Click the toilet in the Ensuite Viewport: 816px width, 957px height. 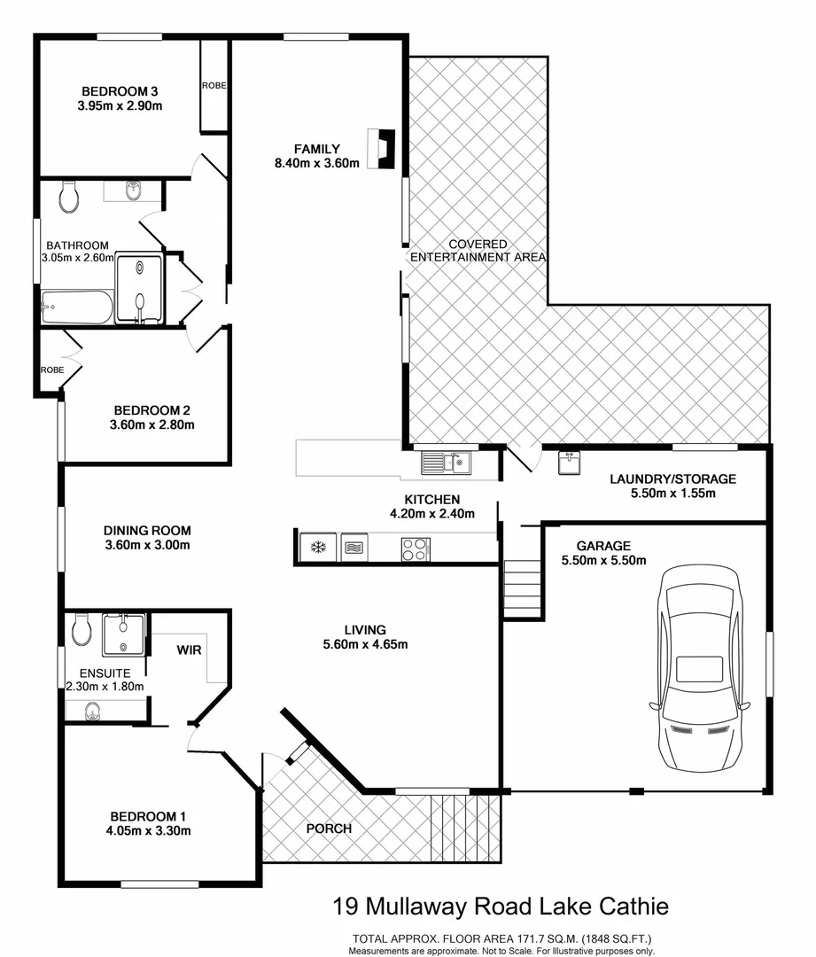pyautogui.click(x=81, y=630)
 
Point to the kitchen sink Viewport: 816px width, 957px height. pyautogui.click(x=447, y=462)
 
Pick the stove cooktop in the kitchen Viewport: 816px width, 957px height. pyautogui.click(x=415, y=548)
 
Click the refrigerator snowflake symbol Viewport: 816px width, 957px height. pyautogui.click(x=316, y=548)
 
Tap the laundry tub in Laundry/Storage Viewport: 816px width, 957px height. pyautogui.click(x=570, y=463)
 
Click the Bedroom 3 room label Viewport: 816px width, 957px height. pyautogui.click(x=120, y=91)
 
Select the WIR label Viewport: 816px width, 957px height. pyautogui.click(x=188, y=650)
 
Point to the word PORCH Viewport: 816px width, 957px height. pyautogui.click(x=330, y=829)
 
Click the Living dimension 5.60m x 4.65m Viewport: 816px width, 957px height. pyautogui.click(x=364, y=644)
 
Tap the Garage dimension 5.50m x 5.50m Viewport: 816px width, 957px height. pyautogui.click(x=603, y=560)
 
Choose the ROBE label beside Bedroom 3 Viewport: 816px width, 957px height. pyautogui.click(x=214, y=86)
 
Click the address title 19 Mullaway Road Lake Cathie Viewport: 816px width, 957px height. pyautogui.click(x=501, y=906)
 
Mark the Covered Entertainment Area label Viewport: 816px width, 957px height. pyautogui.click(x=478, y=250)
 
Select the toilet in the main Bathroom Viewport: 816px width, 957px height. pyautogui.click(x=69, y=197)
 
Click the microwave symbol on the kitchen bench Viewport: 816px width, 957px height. pyautogui.click(x=354, y=548)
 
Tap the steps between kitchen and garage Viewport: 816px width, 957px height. pyautogui.click(x=523, y=588)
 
